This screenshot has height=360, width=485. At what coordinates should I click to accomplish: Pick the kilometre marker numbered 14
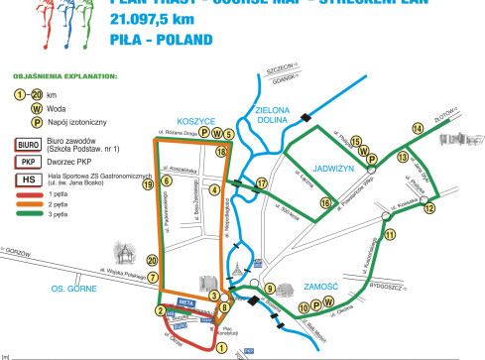pos(418,129)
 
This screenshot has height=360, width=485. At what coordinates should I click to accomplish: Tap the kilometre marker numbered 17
pos(262,183)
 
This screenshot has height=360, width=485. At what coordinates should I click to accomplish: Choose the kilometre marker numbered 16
pos(324,202)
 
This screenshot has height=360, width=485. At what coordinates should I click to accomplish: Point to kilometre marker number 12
pos(428,208)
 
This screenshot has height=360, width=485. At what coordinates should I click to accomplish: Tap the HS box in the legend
pos(28,180)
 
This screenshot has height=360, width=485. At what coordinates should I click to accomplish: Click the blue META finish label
pos(185,299)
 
